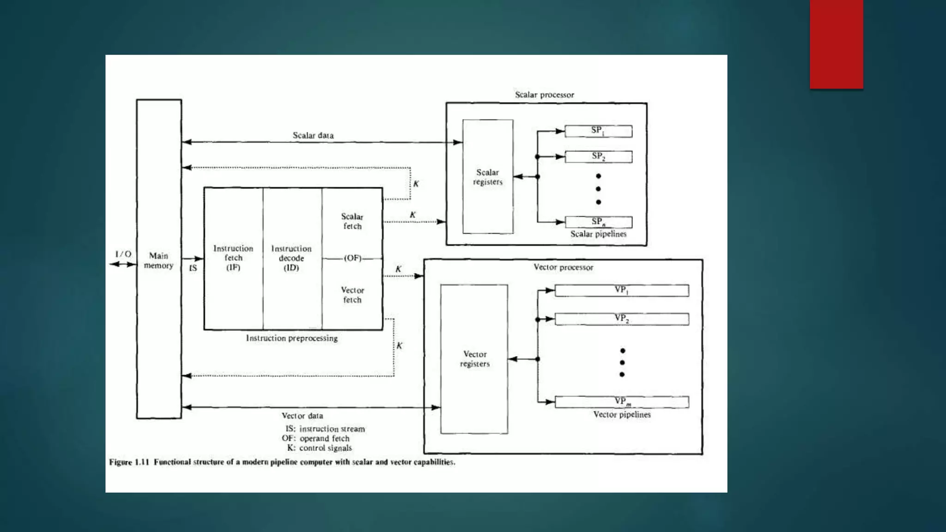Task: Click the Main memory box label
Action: [x=158, y=260]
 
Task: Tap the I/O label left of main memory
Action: [x=123, y=254]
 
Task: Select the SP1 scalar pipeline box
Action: [x=598, y=131]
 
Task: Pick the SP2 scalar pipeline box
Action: [x=598, y=157]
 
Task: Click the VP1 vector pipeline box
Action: [x=622, y=290]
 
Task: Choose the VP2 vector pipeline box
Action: [x=622, y=319]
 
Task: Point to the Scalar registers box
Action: [x=488, y=177]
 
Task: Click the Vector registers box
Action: [x=474, y=359]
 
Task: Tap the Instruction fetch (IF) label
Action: [x=233, y=258]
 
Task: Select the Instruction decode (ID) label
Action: [x=291, y=258]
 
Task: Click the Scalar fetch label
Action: [x=352, y=221]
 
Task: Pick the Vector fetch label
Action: [x=352, y=295]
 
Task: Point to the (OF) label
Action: [x=353, y=258]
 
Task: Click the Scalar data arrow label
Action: [x=313, y=135]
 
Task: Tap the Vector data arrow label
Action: [x=303, y=416]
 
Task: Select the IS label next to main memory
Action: [x=193, y=268]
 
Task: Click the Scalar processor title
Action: [x=545, y=95]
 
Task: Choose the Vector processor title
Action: [x=564, y=267]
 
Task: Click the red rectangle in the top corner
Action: [x=836, y=44]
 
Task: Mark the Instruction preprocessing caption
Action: [x=292, y=338]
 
